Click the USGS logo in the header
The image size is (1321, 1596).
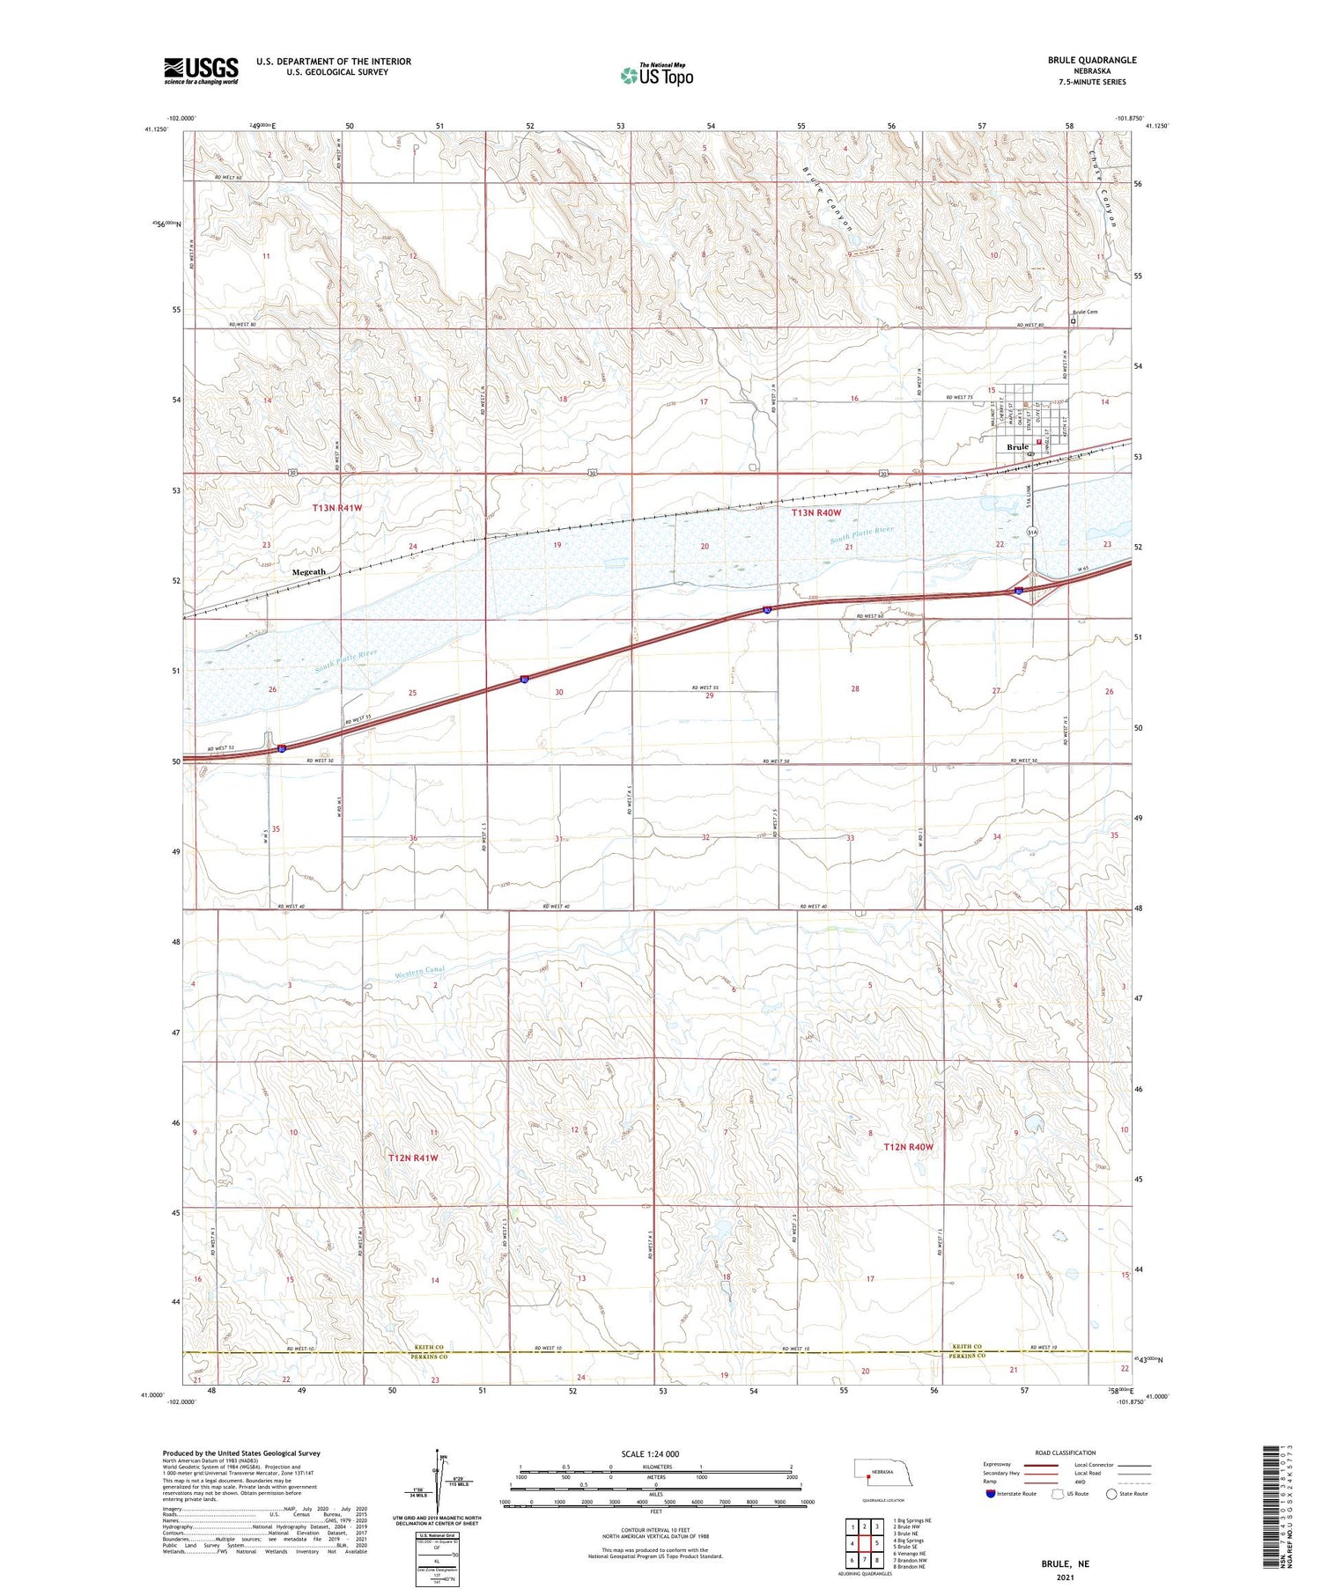pos(201,70)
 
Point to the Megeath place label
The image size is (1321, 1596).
pos(308,572)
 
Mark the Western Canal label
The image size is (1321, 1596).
pos(420,972)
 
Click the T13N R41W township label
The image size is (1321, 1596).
pos(337,508)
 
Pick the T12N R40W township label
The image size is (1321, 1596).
pos(908,1147)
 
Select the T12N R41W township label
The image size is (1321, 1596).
pos(413,1158)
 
